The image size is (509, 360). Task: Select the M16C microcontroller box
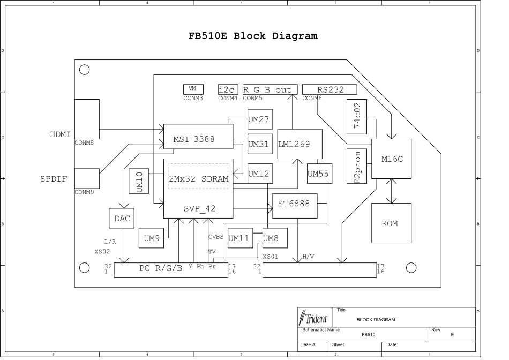click(391, 159)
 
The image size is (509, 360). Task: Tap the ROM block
click(391, 223)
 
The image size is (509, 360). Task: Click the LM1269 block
click(299, 144)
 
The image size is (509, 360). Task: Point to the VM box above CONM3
click(193, 89)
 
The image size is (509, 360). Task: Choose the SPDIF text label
click(53, 179)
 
